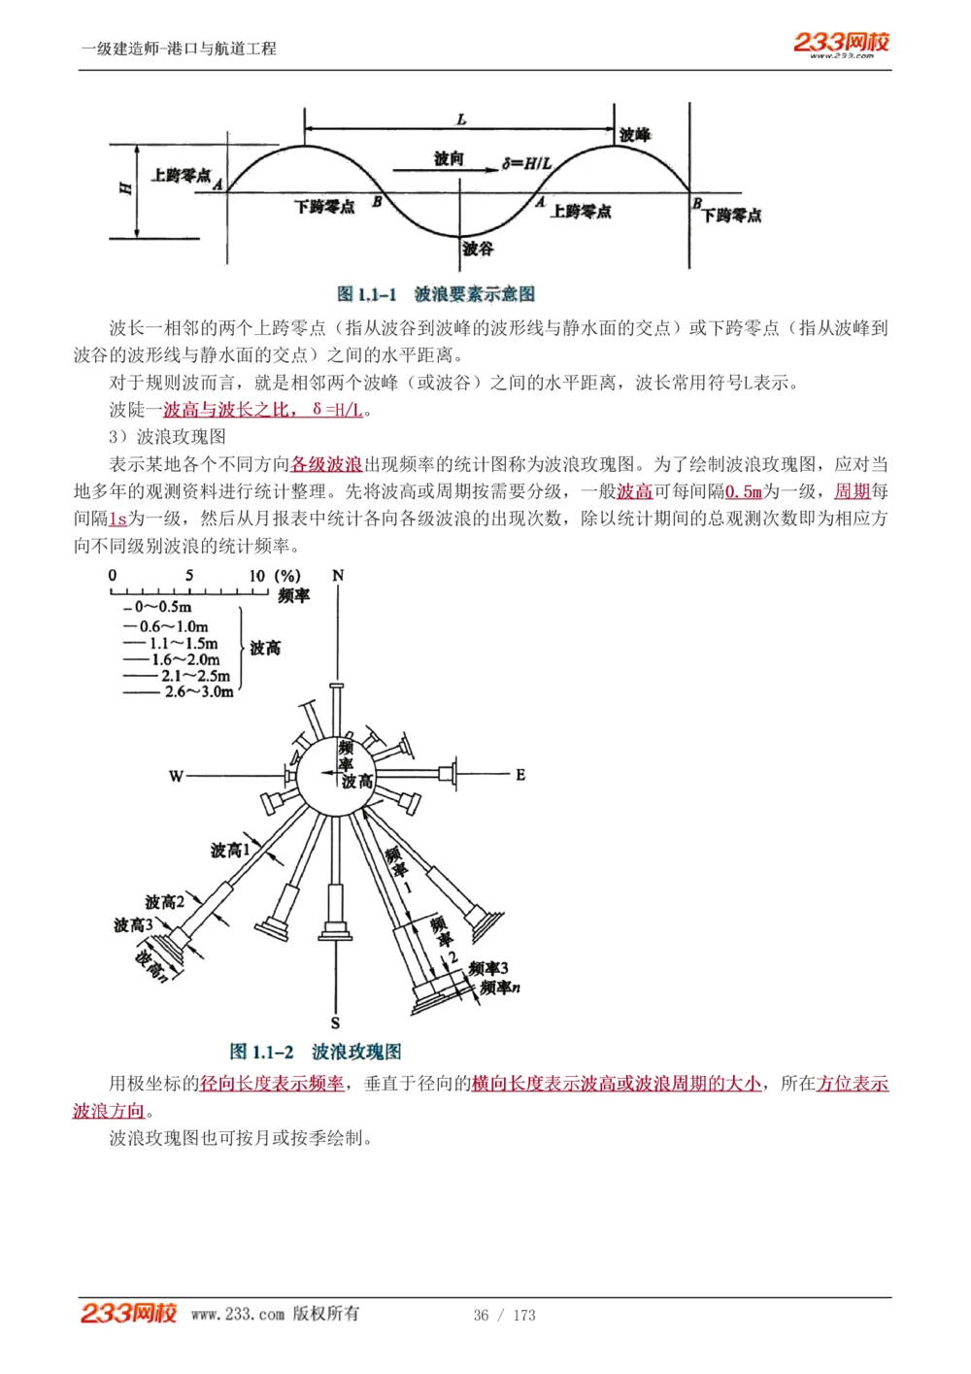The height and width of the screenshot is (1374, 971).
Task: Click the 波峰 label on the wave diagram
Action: click(x=635, y=135)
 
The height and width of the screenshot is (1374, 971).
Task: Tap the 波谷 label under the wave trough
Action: click(x=478, y=249)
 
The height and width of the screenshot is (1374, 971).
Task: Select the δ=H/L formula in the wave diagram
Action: click(x=526, y=163)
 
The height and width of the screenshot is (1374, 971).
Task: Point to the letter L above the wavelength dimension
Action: click(x=461, y=119)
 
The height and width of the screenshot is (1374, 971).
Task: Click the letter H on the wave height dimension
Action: click(x=125, y=187)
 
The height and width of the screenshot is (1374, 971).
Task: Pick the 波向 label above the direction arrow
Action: click(x=449, y=158)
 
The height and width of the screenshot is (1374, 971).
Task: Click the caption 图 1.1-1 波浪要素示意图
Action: click(x=436, y=293)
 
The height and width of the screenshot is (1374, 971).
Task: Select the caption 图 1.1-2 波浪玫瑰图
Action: click(x=316, y=1051)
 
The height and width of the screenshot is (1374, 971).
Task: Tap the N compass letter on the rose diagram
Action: click(x=338, y=575)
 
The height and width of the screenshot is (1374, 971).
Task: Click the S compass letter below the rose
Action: click(x=335, y=1022)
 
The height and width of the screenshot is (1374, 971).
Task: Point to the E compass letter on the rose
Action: click(x=520, y=774)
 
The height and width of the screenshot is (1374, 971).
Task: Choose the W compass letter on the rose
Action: click(x=176, y=776)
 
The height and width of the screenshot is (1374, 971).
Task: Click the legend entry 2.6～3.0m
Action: click(x=199, y=691)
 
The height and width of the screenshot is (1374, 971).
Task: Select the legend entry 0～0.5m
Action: click(x=163, y=608)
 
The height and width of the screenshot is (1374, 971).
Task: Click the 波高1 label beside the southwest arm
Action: click(x=230, y=851)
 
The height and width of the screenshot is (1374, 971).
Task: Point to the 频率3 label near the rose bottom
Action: click(x=488, y=968)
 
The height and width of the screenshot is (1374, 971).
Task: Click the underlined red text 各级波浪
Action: click(x=326, y=464)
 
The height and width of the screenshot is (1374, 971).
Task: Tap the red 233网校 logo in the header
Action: click(x=841, y=42)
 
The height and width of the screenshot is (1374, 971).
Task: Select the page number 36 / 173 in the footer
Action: click(x=504, y=1315)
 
